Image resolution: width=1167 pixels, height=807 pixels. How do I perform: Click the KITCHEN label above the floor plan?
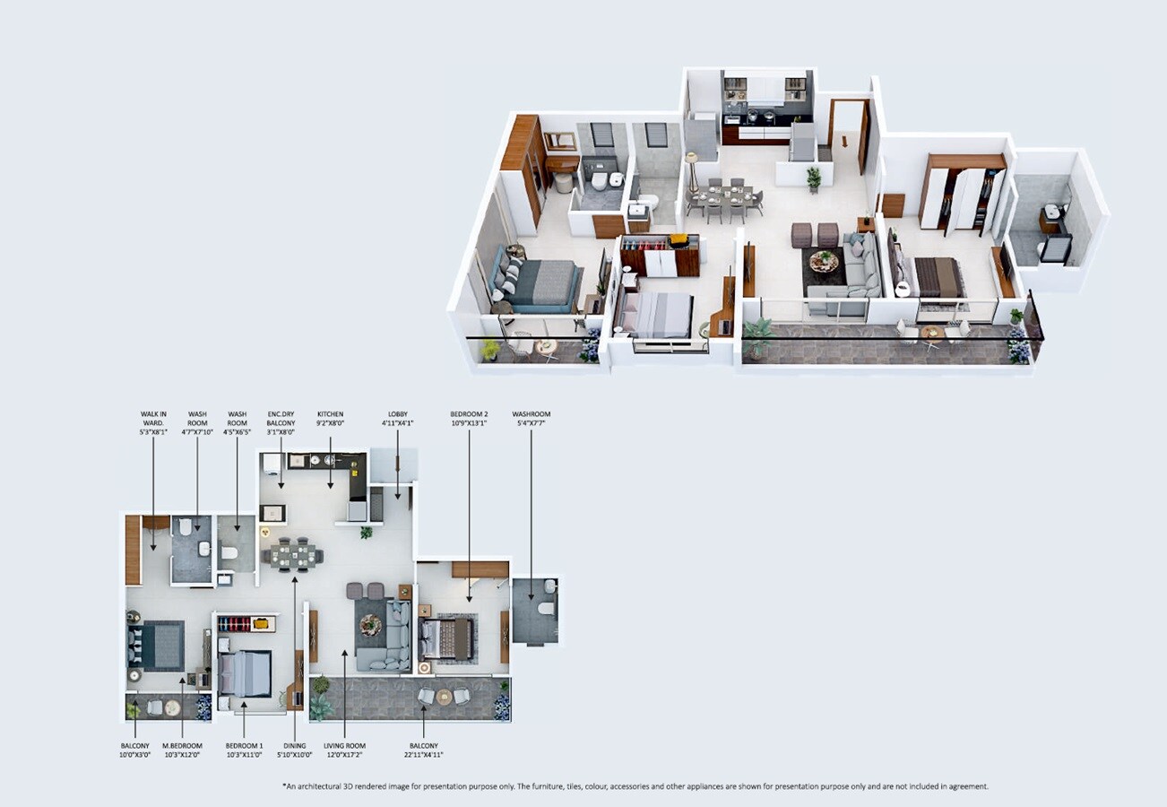(330, 414)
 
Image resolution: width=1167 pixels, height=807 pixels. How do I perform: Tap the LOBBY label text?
(398, 414)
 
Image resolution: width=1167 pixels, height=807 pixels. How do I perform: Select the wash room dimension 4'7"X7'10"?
(197, 432)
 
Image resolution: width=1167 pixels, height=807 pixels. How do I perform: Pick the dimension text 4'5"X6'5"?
(237, 432)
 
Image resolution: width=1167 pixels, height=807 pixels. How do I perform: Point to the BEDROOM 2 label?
(470, 414)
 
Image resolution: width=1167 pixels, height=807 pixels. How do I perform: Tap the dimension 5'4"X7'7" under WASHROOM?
(532, 423)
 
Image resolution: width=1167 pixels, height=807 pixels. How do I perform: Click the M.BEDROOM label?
(182, 746)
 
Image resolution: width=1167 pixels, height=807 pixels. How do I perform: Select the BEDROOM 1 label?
(244, 746)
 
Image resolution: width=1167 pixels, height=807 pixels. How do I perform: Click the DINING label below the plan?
(295, 746)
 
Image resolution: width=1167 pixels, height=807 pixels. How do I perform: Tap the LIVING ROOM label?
(345, 746)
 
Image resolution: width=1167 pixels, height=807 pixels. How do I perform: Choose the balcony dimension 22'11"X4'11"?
(424, 755)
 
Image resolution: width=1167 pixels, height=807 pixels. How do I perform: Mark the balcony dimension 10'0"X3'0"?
(134, 755)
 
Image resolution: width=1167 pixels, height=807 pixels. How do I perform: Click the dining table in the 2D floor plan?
(292, 554)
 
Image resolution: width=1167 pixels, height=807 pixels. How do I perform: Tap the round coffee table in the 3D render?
(824, 261)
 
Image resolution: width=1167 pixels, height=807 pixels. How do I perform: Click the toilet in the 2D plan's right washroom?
(546, 607)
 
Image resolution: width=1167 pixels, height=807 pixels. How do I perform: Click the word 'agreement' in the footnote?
(965, 786)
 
